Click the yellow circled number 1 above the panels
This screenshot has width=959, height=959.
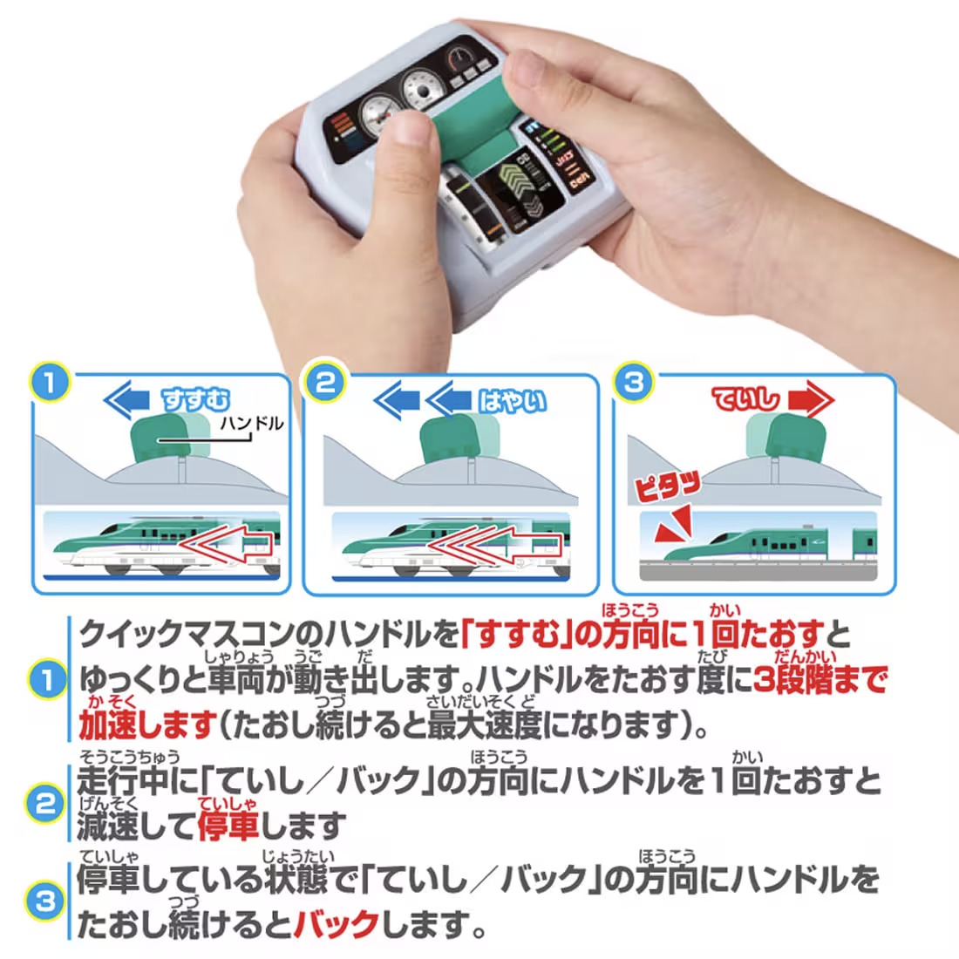[x=50, y=382]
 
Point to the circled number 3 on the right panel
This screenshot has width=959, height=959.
[x=634, y=382]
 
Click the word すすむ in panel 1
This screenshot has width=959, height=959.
[x=196, y=400]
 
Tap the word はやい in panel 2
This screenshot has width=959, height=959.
[x=512, y=400]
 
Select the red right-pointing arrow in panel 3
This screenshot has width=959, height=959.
[x=811, y=400]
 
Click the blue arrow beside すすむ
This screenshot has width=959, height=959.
[x=129, y=400]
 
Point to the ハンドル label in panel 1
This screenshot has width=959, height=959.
[x=252, y=424]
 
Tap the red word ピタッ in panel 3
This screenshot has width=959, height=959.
[x=668, y=485]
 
